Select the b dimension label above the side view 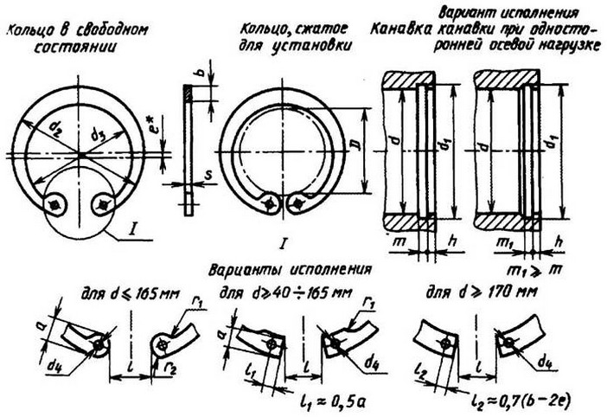tap(201, 74)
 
